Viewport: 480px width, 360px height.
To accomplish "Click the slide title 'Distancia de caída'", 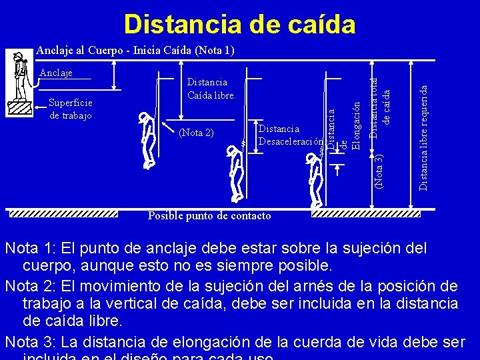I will click(239, 24).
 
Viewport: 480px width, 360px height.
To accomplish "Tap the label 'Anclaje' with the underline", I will click(56, 73).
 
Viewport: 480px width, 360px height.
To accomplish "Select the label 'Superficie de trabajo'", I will click(71, 109).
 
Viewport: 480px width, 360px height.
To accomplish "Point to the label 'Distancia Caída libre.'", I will click(211, 89).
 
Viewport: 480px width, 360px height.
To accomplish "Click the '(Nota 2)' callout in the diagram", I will click(197, 132).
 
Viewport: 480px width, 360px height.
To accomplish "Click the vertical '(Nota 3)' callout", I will click(378, 170).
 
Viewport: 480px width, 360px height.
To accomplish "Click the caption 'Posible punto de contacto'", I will click(209, 216).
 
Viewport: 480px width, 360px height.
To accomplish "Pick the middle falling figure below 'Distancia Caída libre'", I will click(233, 173).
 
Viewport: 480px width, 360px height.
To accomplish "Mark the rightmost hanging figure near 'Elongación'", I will click(313, 180).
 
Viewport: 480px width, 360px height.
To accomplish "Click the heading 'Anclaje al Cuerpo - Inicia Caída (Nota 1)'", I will click(135, 50).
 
